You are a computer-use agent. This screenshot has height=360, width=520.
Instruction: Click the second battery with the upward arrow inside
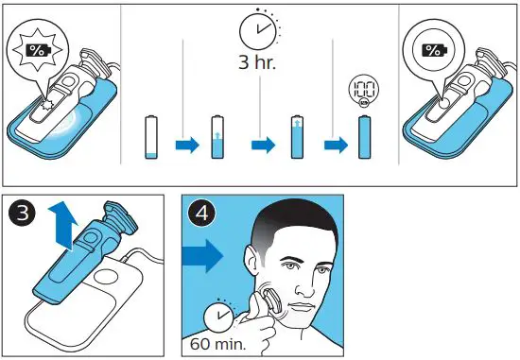(x=219, y=138)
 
